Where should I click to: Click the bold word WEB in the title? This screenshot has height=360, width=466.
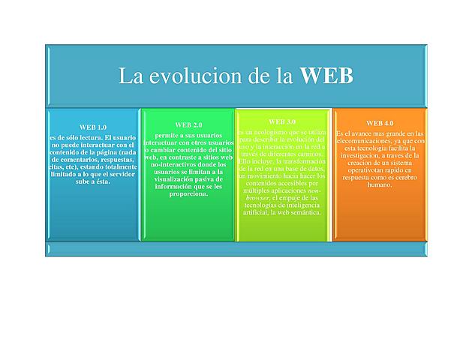tap(326, 76)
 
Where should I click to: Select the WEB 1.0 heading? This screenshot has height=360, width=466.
tap(93, 127)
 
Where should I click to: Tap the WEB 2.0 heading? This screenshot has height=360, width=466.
tap(188, 124)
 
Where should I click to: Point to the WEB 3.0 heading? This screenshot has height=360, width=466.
tap(281, 121)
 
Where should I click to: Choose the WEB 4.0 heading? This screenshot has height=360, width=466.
tap(380, 122)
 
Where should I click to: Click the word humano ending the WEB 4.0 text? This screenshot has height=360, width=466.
tap(380, 185)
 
